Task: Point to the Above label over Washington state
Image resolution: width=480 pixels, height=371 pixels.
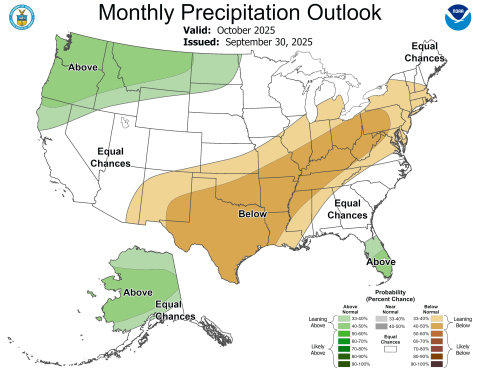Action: click(84, 67)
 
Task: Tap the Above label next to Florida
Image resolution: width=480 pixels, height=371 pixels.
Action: click(380, 261)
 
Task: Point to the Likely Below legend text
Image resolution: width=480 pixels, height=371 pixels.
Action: click(463, 348)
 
